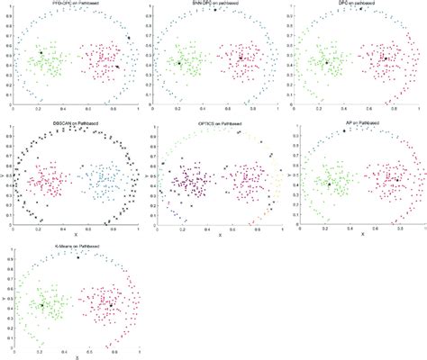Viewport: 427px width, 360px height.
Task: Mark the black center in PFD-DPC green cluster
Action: (x=41, y=53)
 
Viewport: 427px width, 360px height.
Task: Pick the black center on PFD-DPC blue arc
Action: (x=128, y=37)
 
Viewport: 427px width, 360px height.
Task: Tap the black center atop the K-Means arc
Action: (x=77, y=256)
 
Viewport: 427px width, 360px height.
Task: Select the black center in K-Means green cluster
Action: (x=41, y=306)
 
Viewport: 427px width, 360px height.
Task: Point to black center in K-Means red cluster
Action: (x=111, y=305)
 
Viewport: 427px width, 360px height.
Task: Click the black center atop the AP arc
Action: (x=344, y=131)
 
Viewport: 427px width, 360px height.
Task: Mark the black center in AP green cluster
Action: (x=329, y=184)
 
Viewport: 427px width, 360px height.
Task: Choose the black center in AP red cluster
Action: (x=397, y=180)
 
